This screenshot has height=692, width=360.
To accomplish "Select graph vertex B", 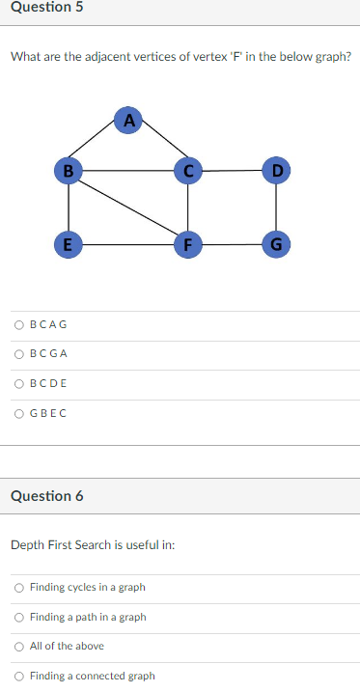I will click(x=68, y=172).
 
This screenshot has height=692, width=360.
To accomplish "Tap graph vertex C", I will click(x=187, y=172).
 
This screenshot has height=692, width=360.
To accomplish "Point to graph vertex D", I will click(x=277, y=172).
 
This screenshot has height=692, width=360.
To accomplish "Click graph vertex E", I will click(x=68, y=244).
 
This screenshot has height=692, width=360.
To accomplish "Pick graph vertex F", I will click(x=187, y=244).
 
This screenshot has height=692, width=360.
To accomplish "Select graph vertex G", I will click(x=277, y=244).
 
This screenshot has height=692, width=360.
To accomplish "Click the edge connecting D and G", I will click(x=277, y=208).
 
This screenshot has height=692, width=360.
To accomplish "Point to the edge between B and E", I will click(x=68, y=208).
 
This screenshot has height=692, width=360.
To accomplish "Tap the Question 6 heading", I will click(x=46, y=496).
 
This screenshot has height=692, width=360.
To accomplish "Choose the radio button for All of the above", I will click(x=19, y=646).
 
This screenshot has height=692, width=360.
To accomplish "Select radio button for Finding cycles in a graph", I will click(x=19, y=587).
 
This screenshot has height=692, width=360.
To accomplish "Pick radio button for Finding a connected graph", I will click(x=19, y=676).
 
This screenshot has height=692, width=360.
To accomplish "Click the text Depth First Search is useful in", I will click(x=92, y=545).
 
